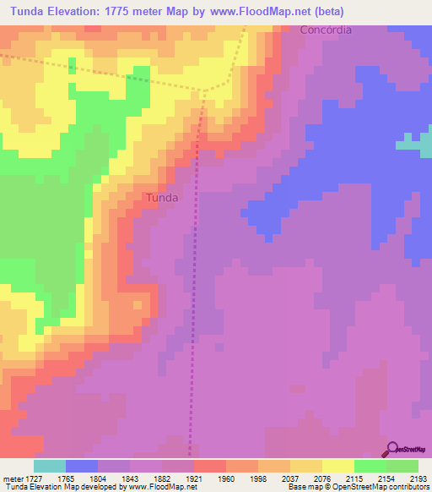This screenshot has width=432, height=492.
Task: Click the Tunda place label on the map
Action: (x=161, y=197)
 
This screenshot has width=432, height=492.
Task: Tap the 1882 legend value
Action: (x=163, y=478)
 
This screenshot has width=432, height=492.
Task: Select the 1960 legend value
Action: (x=227, y=478)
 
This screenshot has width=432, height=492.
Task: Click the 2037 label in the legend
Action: (x=290, y=478)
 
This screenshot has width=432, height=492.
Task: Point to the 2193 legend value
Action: (x=418, y=478)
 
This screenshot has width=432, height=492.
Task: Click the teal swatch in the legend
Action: (x=50, y=466)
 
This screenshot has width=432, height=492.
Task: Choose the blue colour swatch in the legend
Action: (x=82, y=466)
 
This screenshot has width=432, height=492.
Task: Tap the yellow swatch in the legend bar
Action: (x=337, y=466)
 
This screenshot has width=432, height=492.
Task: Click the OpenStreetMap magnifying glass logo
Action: (x=393, y=448)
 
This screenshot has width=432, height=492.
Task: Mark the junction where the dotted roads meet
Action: (x=205, y=90)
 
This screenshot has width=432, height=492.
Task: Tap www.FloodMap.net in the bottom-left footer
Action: (x=162, y=487)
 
